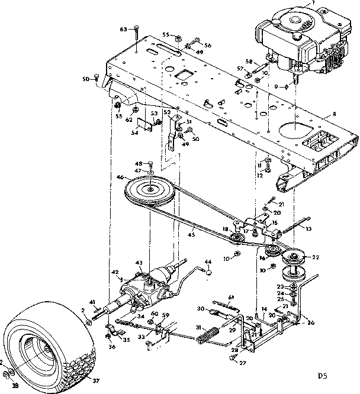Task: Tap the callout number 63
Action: point(124,28)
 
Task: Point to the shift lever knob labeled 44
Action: point(208,272)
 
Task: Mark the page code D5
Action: point(322,374)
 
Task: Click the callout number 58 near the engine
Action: point(249,61)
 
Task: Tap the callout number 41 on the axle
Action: point(92,302)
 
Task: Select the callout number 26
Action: point(311,323)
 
